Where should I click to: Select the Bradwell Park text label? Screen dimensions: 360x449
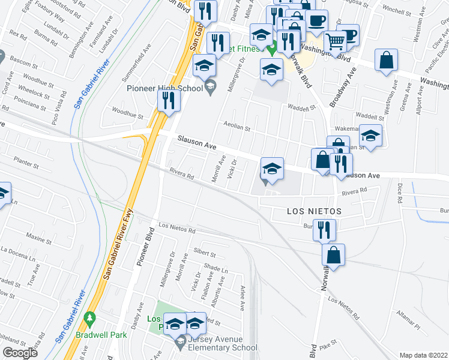pyautogui.click(x=101, y=335)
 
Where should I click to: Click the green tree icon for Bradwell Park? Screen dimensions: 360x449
pyautogui.click(x=90, y=317)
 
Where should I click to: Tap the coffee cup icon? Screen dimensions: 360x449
pyautogui.click(x=316, y=22)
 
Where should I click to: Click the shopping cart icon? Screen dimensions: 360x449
pyautogui.click(x=336, y=41)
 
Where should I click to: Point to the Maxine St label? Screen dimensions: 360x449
pyautogui.click(x=39, y=239)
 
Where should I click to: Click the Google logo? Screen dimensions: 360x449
pyautogui.click(x=20, y=353)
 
